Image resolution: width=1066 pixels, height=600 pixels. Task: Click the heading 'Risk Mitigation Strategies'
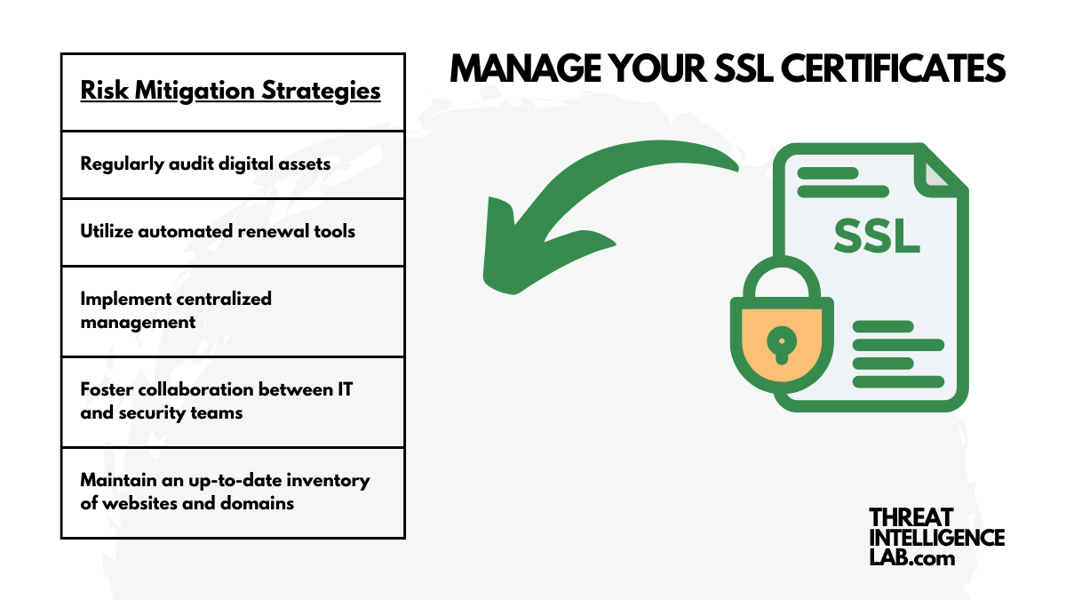pos(230,91)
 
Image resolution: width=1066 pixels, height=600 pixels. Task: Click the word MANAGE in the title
pos(514,69)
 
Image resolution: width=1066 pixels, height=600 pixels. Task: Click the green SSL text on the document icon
pos(876,235)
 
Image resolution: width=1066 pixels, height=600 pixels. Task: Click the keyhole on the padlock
pos(781,341)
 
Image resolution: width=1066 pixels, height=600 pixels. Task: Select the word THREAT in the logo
pos(911,517)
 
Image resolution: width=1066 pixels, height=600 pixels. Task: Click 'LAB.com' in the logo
pos(911,557)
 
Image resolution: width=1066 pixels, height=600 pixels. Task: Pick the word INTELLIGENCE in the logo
pos(936,538)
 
